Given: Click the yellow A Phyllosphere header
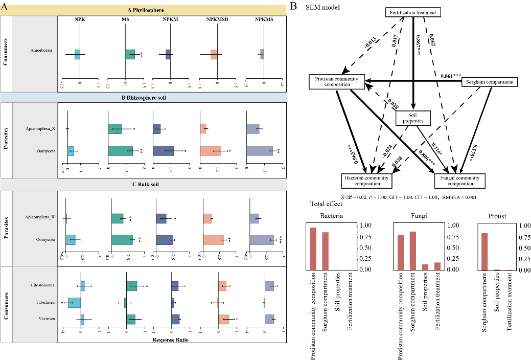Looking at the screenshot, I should click(x=146, y=10).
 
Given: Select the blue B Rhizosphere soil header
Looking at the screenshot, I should click(x=144, y=98).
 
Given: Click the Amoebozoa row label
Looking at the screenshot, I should click(x=41, y=51).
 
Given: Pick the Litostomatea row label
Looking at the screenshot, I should click(x=43, y=285).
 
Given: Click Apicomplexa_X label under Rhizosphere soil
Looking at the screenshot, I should click(x=40, y=129).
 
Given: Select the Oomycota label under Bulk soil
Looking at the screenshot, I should click(x=45, y=239).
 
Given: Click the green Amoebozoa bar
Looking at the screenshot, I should click(x=130, y=54).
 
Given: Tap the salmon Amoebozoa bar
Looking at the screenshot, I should click(x=214, y=54).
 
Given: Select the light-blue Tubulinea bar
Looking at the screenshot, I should click(x=74, y=302).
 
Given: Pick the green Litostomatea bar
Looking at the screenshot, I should click(x=132, y=286).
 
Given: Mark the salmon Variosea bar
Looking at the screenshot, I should click(x=224, y=319).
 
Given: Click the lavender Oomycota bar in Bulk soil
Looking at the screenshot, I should click(x=262, y=240).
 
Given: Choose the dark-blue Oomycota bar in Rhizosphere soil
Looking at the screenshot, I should click(x=164, y=151).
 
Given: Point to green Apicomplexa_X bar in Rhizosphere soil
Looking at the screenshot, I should click(x=115, y=129).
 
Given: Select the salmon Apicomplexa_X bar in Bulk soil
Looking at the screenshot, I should click(x=207, y=219).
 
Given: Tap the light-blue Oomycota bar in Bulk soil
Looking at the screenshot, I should click(x=71, y=240).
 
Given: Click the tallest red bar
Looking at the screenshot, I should click(x=313, y=249).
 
